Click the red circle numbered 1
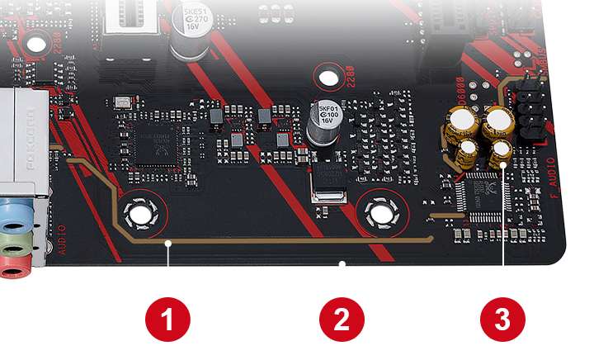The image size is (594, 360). tap(167, 319)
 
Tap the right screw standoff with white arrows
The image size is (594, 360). tap(382, 211)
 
